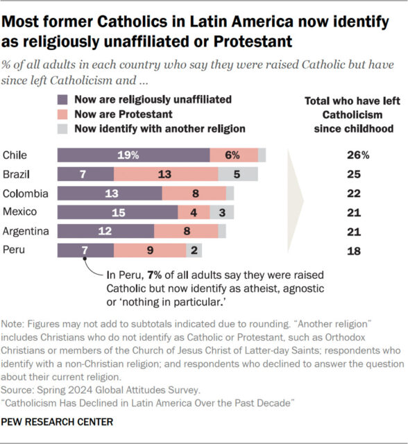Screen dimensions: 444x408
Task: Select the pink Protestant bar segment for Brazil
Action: tap(165, 174)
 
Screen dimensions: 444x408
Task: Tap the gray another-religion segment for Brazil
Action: tap(238, 174)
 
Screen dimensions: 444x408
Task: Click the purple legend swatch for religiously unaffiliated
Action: tap(64, 99)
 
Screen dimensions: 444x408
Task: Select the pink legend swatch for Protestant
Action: tap(64, 114)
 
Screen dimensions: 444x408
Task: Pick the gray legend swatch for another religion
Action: tap(64, 128)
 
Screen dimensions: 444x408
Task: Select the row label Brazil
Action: tap(17, 174)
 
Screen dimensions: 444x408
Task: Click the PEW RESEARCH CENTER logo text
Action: tap(57, 421)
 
